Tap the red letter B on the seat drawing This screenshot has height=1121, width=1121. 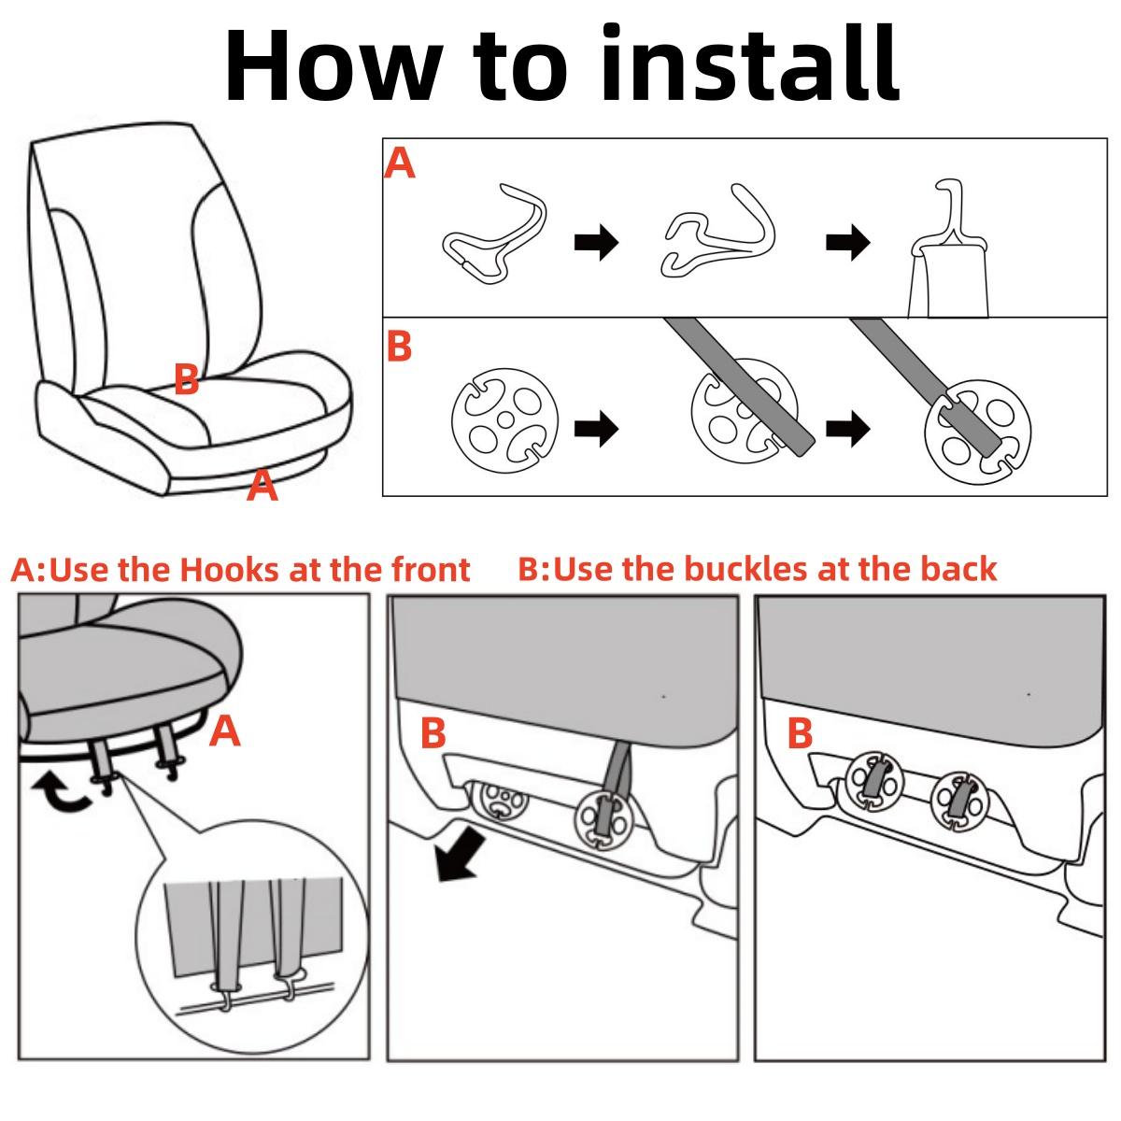[x=186, y=378]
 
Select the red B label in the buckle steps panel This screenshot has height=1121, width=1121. [x=399, y=347]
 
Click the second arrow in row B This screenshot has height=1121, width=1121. [x=847, y=429]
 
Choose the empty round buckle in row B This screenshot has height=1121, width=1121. [x=505, y=419]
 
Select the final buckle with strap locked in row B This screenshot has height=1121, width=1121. [x=978, y=431]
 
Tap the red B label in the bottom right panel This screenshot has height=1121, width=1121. [x=800, y=733]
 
